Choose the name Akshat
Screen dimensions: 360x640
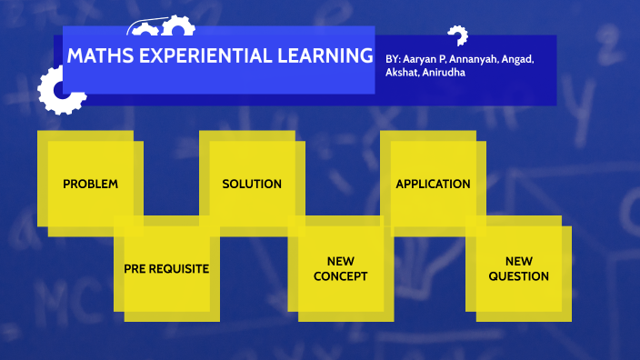pos(403,73)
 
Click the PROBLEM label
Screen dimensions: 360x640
pos(90,184)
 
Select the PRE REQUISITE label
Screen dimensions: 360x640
pos(167,269)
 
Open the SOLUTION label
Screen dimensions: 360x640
pos(252,184)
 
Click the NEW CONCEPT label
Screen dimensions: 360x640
pos(340,268)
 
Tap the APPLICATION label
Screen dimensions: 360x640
pos(433,184)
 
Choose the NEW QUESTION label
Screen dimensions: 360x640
pos(518,268)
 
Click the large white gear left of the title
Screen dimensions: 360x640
pos(59,91)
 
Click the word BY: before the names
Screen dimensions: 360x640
pos(393,59)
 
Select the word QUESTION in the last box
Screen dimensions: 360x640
pos(518,276)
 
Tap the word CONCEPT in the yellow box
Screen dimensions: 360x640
pos(340,276)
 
